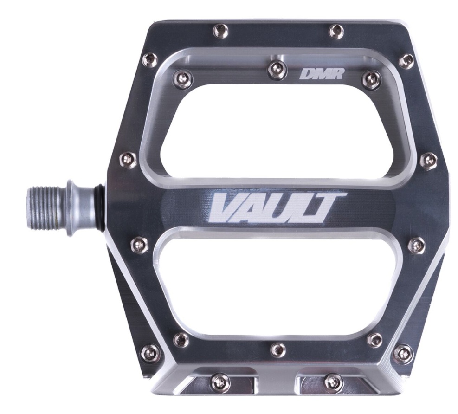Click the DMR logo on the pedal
coord(321,73)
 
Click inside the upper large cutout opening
coord(274,125)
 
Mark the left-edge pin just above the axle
coord(129,159)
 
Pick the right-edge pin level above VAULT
coord(428,161)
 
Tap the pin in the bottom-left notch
coord(219,382)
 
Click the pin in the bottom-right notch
coord(333,382)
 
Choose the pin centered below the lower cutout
coord(278,349)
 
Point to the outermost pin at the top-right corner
coord(406,61)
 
